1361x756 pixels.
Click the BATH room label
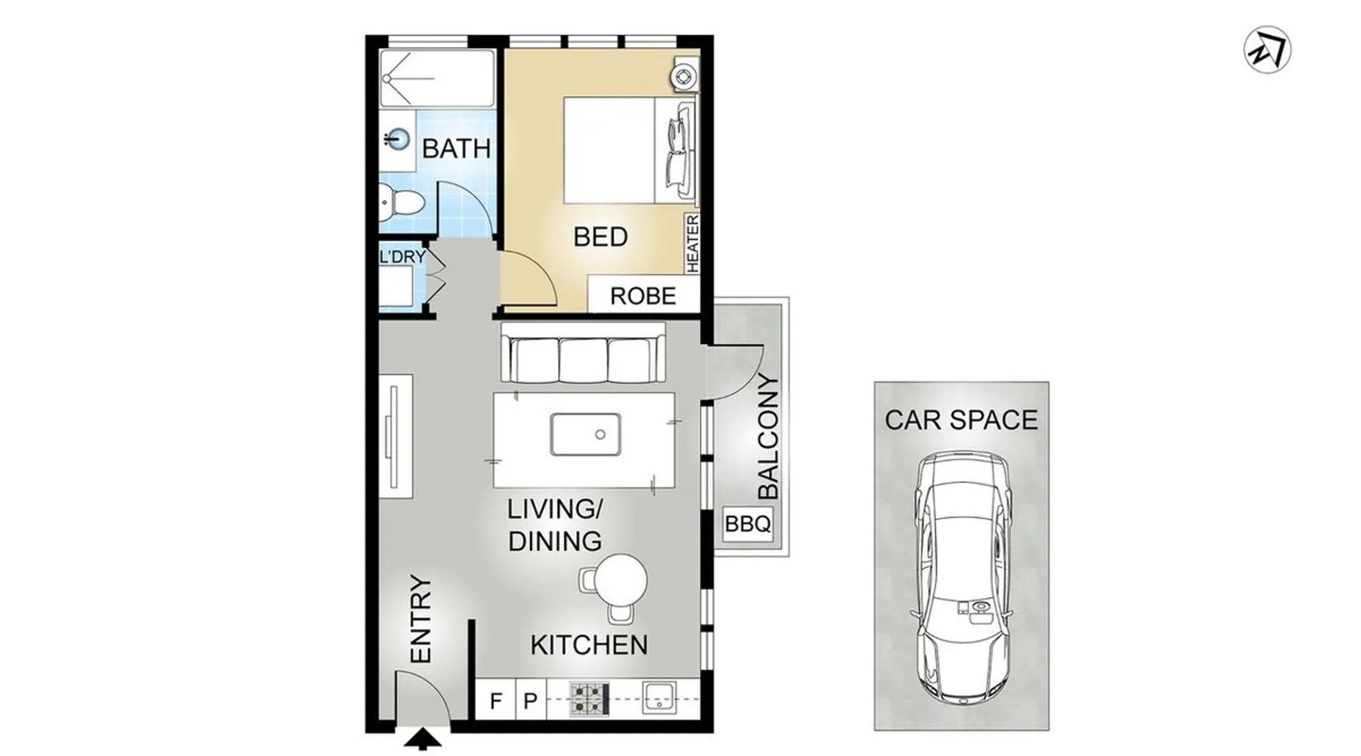coord(456,148)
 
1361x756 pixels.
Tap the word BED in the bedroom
coord(600,237)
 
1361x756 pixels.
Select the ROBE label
coord(643,296)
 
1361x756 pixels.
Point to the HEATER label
coord(693,243)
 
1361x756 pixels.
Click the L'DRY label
coord(402,257)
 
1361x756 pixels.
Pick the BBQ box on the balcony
coord(748,523)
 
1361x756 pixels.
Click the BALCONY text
coord(767,436)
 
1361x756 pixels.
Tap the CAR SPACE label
coord(961,420)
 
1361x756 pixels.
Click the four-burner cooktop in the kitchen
coord(589,699)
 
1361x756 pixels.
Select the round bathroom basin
coord(397,139)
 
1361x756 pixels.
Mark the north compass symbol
coord(1267,50)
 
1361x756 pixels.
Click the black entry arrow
coord(422,739)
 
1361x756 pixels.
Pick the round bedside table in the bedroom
coord(684,76)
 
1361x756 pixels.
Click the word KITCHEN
coord(589,645)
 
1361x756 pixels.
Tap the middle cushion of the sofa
coord(583,360)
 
